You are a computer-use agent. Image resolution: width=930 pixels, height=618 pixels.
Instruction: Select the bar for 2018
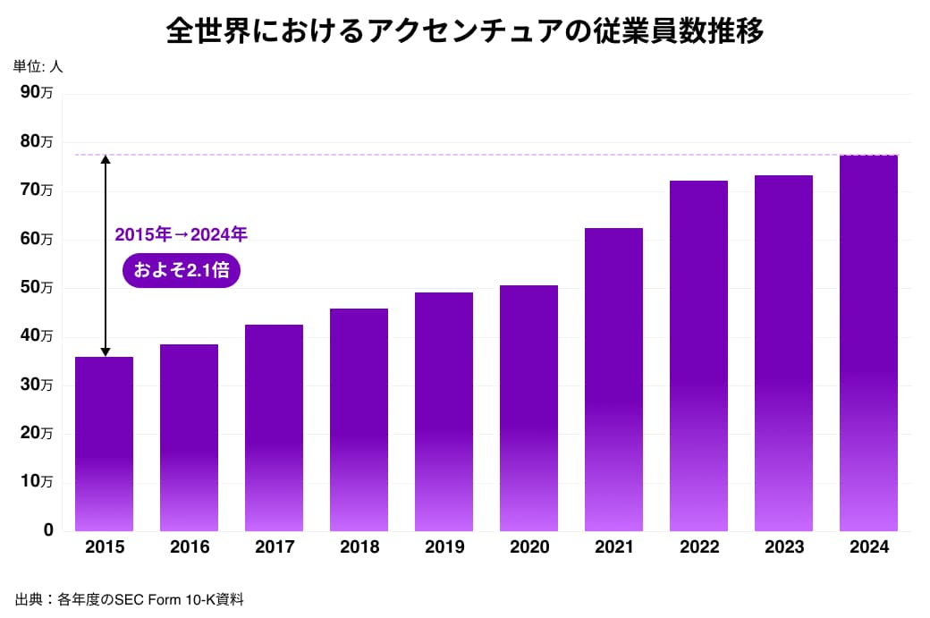coord(359,419)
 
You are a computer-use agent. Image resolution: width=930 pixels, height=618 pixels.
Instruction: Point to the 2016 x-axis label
coord(189,547)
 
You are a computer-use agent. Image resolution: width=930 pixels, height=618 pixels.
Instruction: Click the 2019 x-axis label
coord(444,547)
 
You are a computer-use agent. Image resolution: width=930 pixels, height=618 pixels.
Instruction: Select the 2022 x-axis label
coord(698,547)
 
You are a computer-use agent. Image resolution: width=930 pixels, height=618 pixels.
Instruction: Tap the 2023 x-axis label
coord(783,547)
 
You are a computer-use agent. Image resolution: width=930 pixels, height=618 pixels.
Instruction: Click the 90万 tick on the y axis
coord(36,92)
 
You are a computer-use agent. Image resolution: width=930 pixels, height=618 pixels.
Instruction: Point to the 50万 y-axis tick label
coord(36,287)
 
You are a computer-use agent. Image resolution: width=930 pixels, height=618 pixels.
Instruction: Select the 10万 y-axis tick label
coord(36,481)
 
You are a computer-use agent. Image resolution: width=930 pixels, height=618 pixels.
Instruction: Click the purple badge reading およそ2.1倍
coord(182,270)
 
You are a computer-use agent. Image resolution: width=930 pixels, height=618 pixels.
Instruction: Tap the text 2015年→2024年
coord(181,235)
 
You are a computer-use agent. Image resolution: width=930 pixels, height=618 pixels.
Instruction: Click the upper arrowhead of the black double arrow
coord(105,159)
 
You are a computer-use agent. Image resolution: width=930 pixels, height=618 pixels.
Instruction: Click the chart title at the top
coord(464,31)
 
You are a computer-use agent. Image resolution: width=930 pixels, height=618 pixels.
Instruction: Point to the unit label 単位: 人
coord(38,66)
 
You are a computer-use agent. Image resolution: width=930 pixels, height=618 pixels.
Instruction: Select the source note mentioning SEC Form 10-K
coord(129,599)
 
